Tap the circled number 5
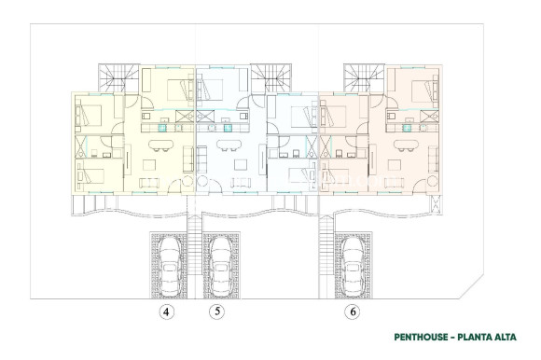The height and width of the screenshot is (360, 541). [x=217, y=313]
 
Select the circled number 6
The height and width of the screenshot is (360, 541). [x=354, y=313]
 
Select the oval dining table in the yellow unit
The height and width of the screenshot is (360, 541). [x=156, y=144]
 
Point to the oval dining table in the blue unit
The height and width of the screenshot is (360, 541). [x=229, y=144]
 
